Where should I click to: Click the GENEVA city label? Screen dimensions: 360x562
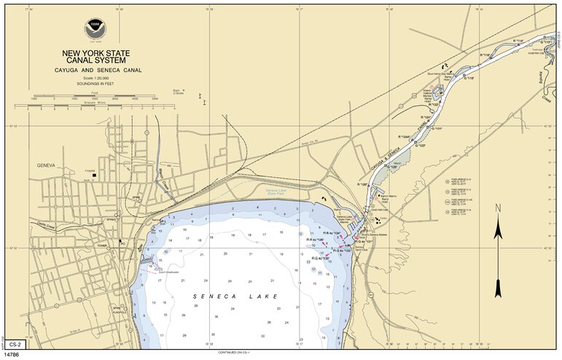[47, 165]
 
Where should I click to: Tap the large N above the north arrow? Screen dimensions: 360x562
[498, 208]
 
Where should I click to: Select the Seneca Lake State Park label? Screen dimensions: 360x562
[277, 192]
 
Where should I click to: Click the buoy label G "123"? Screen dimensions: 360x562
[421, 146]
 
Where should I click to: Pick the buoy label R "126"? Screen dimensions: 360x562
[364, 184]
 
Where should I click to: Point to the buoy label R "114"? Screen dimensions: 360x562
[518, 40]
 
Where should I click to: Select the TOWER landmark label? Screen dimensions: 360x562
[101, 246]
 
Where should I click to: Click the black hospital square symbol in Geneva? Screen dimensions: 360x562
[95, 174]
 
